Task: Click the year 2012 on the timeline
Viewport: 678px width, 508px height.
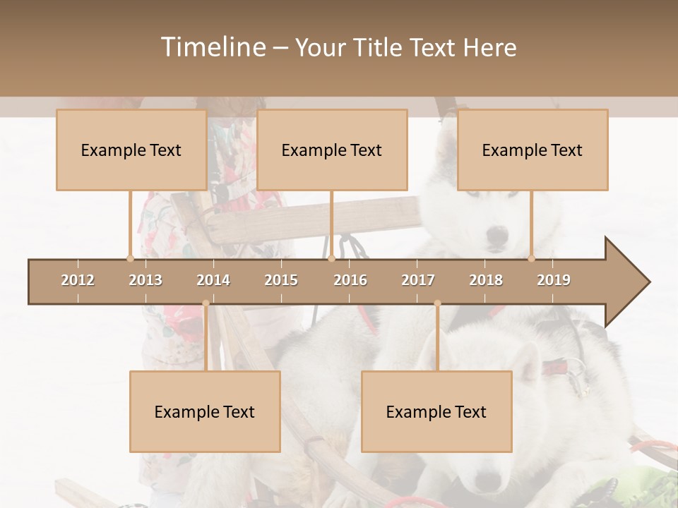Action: coord(78,280)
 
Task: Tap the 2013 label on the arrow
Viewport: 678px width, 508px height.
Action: coord(145,280)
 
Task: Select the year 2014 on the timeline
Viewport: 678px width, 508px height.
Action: coord(213,280)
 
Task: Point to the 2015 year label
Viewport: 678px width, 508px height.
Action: coord(281,280)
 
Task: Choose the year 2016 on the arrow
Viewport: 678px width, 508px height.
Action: coord(350,280)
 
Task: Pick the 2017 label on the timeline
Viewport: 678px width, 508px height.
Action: coord(418,280)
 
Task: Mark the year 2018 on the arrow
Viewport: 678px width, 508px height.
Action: coord(486,280)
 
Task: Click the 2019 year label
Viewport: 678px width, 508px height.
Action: coord(554,280)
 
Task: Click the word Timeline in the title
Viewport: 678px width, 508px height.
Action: coord(212,47)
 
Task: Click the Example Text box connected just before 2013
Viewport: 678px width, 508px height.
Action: coord(131,150)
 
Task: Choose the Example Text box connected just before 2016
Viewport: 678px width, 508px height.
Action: coord(332,150)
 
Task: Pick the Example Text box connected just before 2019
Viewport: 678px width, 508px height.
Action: coord(533,150)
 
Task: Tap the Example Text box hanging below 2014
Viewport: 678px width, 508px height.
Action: coord(205,411)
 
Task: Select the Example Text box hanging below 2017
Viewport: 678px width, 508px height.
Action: coord(436,411)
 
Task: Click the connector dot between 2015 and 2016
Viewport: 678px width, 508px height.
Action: coord(331,258)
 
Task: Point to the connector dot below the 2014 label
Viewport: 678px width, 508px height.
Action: coord(206,303)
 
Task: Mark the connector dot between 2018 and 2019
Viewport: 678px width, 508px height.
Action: coord(532,258)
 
